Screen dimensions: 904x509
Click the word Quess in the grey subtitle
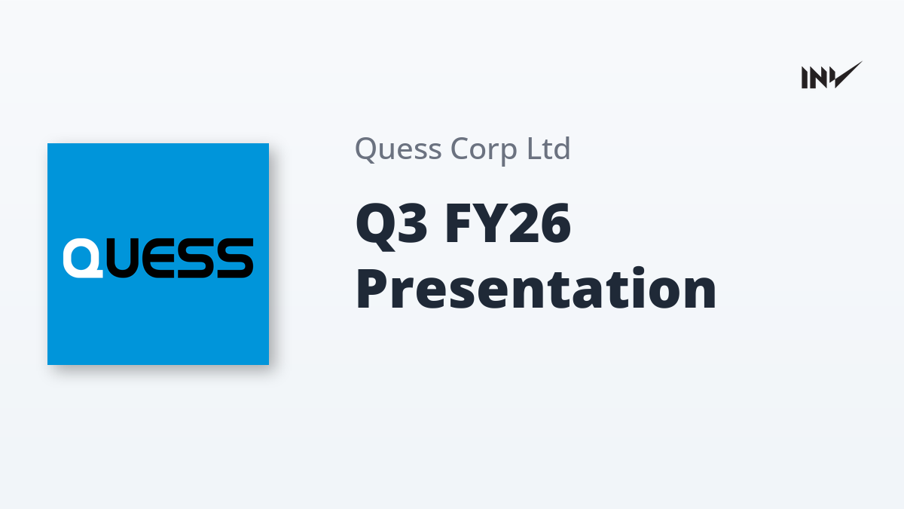[398, 149]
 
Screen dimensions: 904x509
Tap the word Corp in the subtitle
[484, 151]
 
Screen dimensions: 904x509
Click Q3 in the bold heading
[391, 225]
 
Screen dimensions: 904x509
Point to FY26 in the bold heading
[508, 223]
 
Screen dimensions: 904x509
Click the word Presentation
[536, 288]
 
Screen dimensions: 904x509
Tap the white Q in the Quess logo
[83, 258]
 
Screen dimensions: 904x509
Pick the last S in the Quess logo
[235, 258]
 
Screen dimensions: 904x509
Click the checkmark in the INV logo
[848, 75]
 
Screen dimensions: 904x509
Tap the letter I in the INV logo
[805, 78]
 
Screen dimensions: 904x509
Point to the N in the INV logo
[820, 78]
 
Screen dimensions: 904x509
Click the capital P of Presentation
[374, 288]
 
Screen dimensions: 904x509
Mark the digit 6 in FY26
[556, 223]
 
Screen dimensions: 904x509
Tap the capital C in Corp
[460, 149]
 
